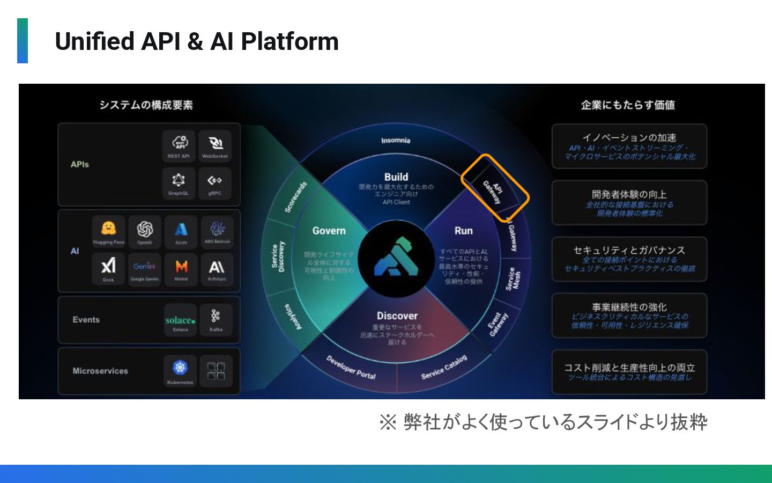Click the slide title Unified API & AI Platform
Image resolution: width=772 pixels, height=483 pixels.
pos(197,41)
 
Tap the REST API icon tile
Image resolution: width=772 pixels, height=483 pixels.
pos(179,145)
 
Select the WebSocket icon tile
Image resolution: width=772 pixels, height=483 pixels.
pos(215,145)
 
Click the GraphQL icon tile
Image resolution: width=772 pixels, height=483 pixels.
pos(179,182)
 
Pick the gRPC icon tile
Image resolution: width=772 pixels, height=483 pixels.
pos(215,182)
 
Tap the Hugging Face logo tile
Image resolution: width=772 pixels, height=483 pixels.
pos(108,231)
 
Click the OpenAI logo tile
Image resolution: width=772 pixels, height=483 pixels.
pos(145,231)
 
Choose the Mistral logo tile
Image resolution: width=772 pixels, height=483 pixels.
pos(181,268)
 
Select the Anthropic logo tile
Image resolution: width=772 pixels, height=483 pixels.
pos(217,268)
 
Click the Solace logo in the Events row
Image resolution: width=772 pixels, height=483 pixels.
pos(180,321)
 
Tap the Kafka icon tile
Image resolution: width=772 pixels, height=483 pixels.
pos(216,320)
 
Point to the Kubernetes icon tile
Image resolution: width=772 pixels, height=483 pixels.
pos(180,370)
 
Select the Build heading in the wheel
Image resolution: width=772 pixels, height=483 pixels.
pos(396,177)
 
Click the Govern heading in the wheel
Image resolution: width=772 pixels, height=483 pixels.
pos(329,231)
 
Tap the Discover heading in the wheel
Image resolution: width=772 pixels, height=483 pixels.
pos(397,316)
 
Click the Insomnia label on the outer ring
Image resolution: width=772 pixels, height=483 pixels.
pos(396,141)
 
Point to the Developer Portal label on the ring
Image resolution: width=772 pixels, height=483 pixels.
pos(351,367)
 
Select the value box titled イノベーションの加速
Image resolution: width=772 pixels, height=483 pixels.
pos(629,147)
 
